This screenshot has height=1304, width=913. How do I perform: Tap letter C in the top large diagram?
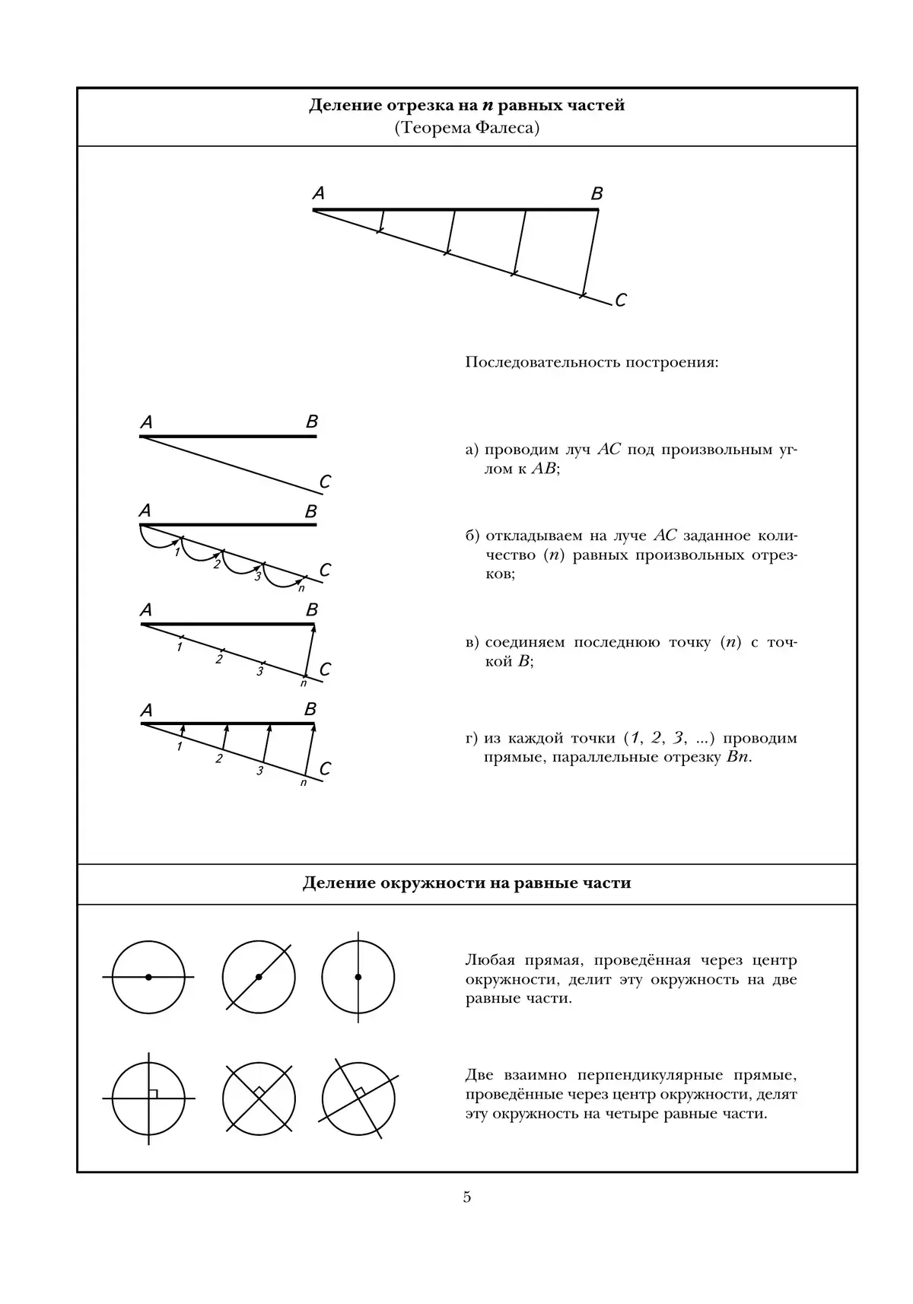tap(620, 301)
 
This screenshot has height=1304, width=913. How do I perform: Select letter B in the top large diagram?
tap(597, 194)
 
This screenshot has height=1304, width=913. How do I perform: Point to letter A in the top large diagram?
tap(319, 194)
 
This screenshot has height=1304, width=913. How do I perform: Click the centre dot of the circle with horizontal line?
tap(148, 977)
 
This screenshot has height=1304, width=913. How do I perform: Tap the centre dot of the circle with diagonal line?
tap(259, 977)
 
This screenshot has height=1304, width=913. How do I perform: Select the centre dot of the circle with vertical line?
tap(358, 977)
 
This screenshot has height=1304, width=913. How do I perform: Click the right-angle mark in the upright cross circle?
tap(153, 1094)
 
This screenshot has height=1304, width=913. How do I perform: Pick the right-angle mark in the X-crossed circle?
tap(259, 1092)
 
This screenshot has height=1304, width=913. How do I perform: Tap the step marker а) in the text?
tap(472, 450)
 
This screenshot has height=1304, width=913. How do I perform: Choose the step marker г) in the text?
tap(472, 739)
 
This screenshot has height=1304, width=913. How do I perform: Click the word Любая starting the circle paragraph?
tap(487, 960)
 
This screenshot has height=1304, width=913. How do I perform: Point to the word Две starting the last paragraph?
tap(479, 1076)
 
